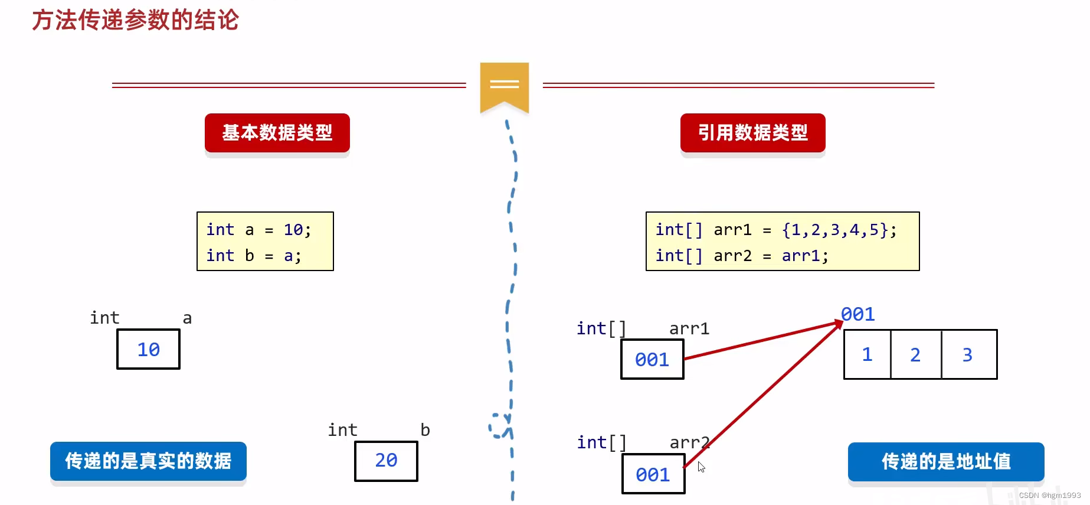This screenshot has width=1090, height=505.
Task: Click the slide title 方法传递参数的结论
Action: coord(135,20)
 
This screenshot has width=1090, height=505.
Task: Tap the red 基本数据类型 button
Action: coord(277,132)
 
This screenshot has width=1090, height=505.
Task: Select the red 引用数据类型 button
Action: coord(752,132)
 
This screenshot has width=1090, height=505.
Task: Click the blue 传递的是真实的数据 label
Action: coord(148,461)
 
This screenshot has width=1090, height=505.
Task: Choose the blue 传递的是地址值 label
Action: coord(945,461)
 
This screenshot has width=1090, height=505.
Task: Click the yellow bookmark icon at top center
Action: coord(504,86)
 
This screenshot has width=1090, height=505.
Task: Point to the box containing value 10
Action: coord(148,350)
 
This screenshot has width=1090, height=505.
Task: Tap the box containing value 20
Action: coord(386,461)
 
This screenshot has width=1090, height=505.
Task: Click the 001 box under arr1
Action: coord(652,359)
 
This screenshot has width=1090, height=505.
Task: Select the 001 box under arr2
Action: coord(653,474)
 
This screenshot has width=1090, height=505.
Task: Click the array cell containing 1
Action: coord(867,354)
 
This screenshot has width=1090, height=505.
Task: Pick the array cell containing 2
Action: coord(915,354)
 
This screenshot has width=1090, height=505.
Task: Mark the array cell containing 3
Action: coord(968,354)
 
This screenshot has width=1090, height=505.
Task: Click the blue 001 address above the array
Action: coord(858,314)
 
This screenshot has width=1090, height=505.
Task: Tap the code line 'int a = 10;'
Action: coord(258,229)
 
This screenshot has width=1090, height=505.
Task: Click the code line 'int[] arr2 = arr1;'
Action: coord(742,256)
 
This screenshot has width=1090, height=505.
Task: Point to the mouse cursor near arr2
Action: coord(701,467)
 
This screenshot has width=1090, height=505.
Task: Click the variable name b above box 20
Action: coord(425,430)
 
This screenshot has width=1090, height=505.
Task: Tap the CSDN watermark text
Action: coord(1049,496)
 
